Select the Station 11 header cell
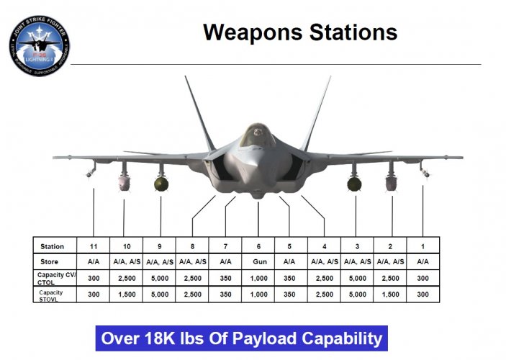tap(94, 246)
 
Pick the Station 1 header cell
tap(423, 246)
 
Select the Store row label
tap(50, 261)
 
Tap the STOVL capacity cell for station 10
tap(126, 294)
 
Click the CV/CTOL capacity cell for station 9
tap(159, 278)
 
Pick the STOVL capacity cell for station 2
tap(389, 294)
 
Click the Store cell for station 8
tap(192, 261)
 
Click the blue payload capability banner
tap(241, 338)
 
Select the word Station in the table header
tap(52, 246)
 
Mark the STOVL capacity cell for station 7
tap(225, 294)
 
